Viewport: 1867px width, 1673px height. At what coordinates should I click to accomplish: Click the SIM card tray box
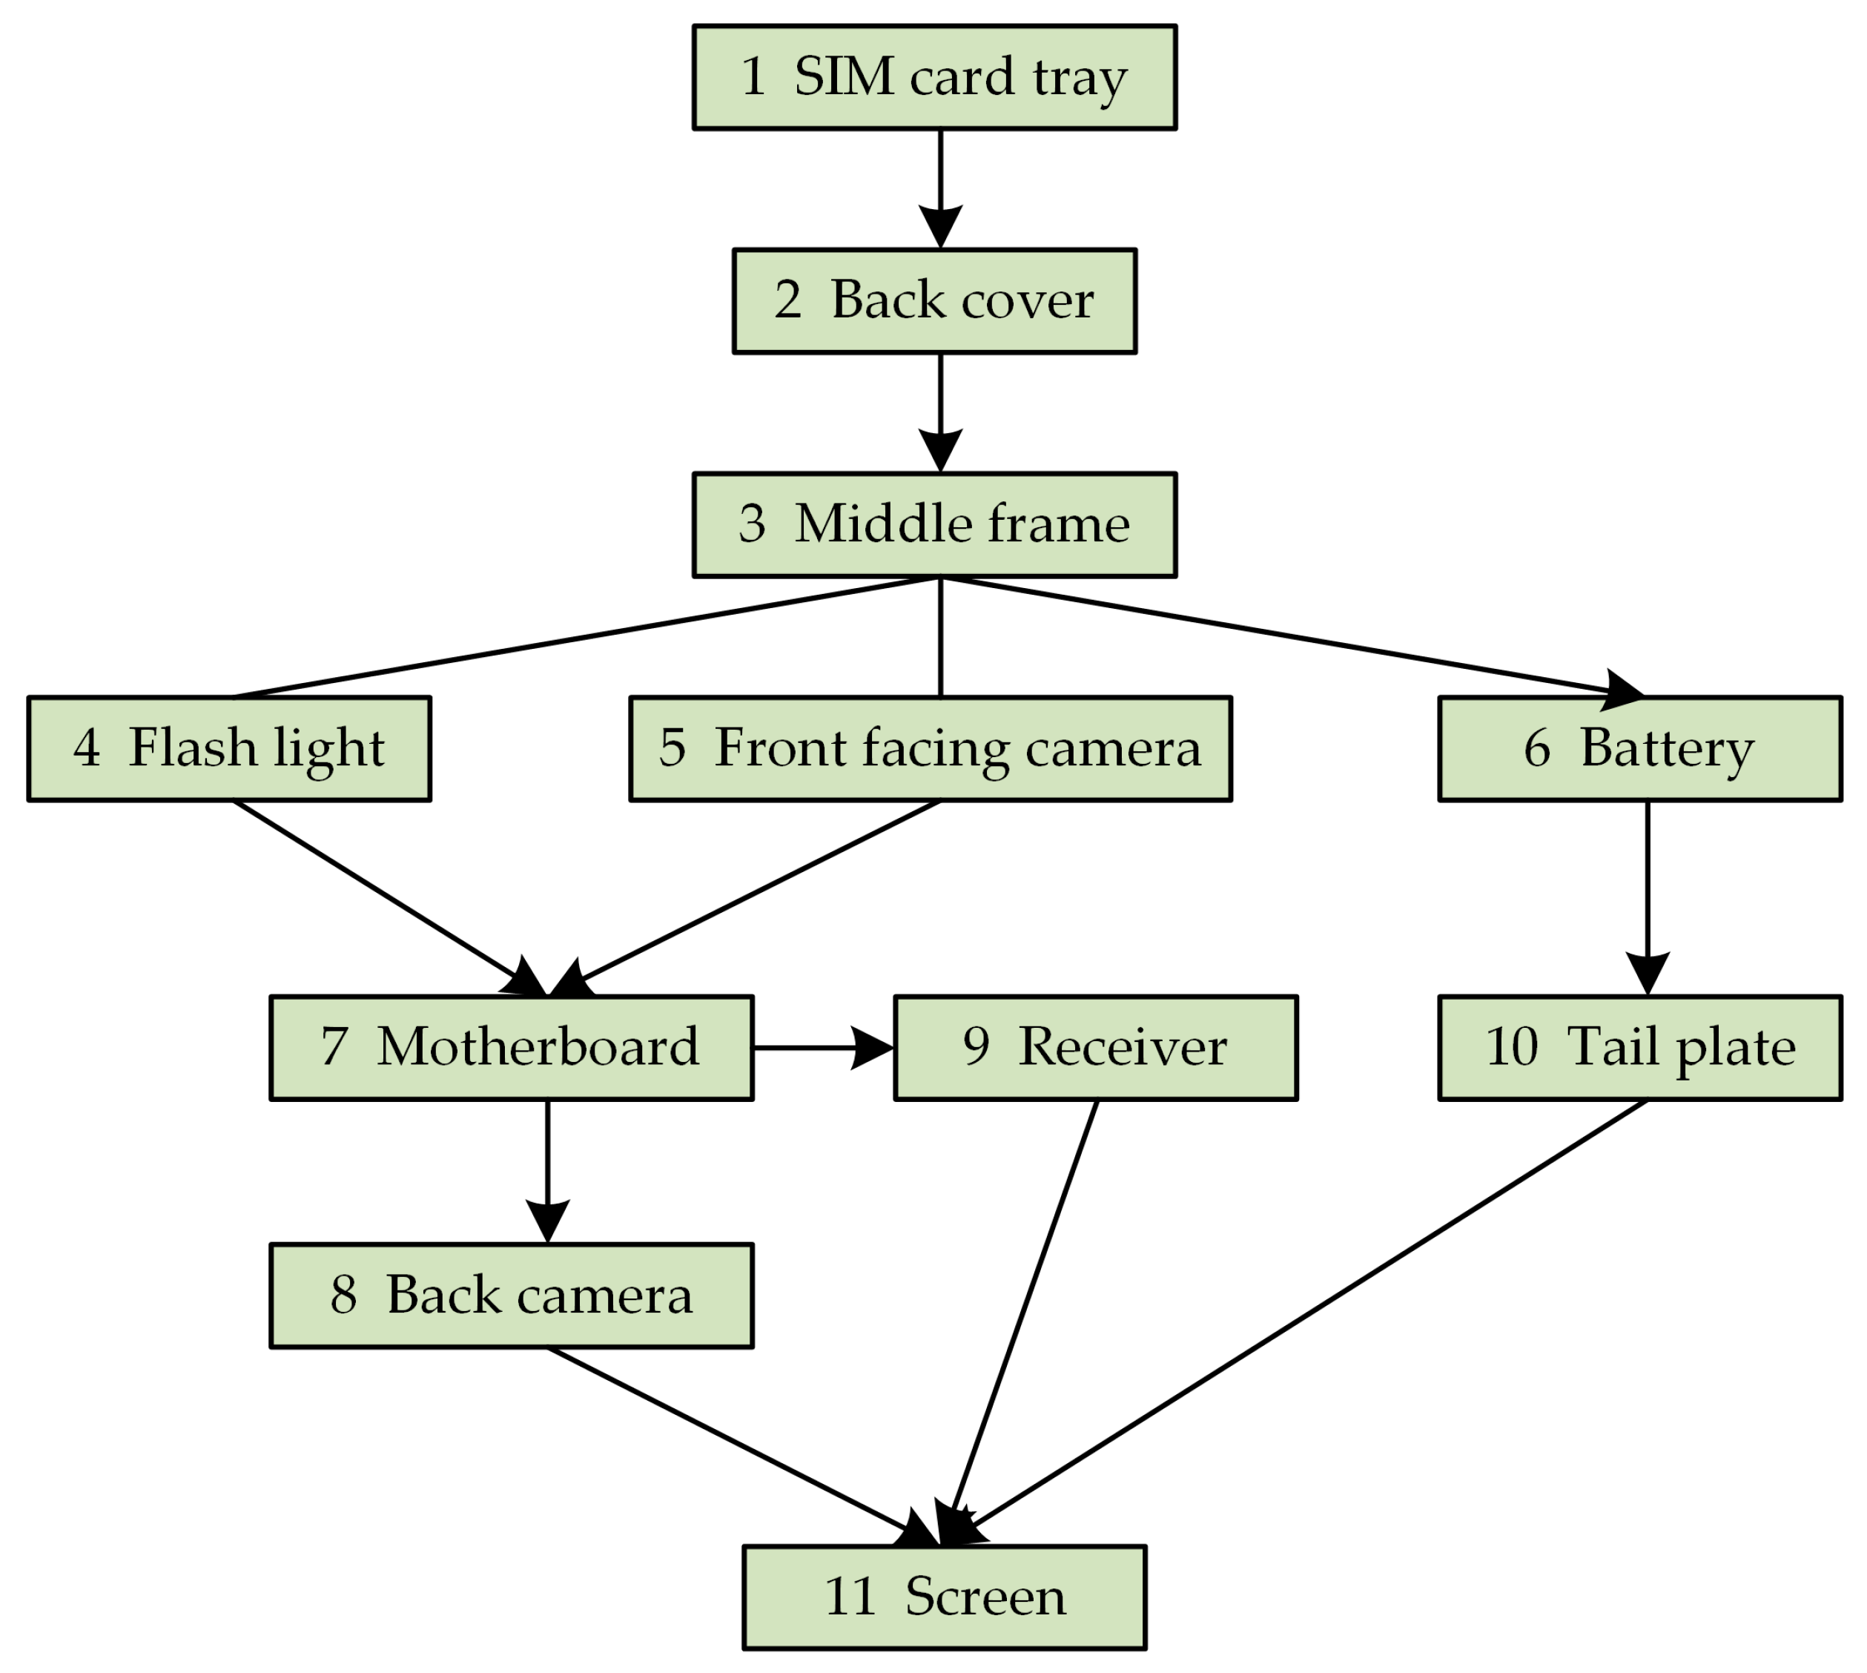click(934, 77)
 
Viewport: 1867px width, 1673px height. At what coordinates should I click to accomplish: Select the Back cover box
click(934, 300)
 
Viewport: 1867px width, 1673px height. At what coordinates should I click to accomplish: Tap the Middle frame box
click(934, 525)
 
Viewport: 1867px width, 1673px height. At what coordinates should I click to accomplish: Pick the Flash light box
click(229, 749)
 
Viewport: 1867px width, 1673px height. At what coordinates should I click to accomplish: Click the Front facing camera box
click(931, 749)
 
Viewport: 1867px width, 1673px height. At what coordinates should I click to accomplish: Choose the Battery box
click(1640, 749)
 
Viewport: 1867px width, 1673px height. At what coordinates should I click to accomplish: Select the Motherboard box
click(511, 1048)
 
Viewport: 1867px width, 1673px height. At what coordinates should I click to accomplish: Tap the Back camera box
click(511, 1296)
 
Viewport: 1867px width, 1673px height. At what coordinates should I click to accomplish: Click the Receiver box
click(1096, 1048)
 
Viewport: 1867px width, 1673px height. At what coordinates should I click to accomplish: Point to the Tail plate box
click(1640, 1048)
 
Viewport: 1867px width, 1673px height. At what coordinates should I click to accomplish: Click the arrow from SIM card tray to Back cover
click(940, 184)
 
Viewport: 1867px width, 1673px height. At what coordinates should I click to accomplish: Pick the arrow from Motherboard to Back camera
click(548, 1167)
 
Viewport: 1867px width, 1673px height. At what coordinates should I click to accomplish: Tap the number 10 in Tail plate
click(1511, 1046)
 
